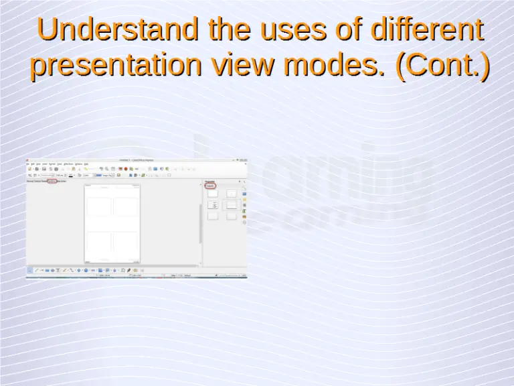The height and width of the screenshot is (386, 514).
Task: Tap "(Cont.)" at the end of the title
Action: point(442,66)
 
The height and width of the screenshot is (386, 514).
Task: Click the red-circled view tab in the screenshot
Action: point(53,181)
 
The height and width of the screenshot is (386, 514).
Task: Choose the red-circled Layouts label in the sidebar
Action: point(210,186)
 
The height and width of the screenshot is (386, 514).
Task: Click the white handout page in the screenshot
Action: point(112,223)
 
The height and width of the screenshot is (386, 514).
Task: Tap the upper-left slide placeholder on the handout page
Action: point(98,206)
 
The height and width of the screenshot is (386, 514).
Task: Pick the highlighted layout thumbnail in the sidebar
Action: point(231,204)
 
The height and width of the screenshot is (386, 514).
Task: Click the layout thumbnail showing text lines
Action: point(213,204)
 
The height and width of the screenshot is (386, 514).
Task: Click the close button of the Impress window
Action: point(244,159)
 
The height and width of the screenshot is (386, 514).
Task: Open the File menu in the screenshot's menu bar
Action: point(28,164)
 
